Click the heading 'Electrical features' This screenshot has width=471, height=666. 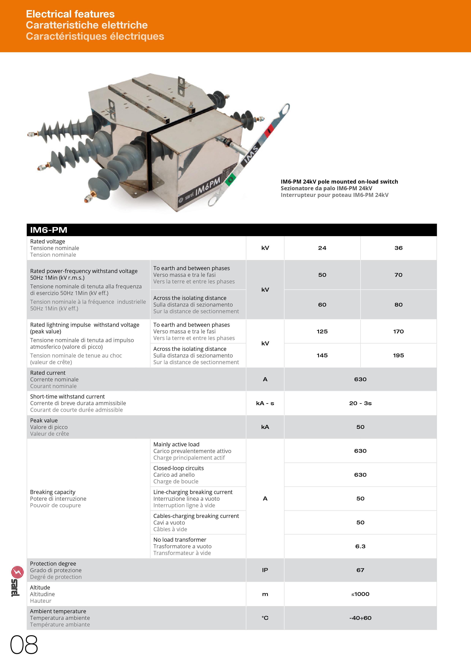70,14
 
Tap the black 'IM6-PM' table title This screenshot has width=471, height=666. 49,230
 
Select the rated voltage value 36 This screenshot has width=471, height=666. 398,248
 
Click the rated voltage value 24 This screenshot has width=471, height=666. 322,248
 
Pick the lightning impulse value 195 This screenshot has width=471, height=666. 398,355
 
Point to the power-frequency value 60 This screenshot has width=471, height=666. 322,305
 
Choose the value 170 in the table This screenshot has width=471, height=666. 398,331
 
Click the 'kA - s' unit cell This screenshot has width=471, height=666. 265,403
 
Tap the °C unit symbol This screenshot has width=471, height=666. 265,618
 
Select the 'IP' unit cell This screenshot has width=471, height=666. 265,570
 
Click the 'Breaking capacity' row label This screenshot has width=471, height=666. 53,492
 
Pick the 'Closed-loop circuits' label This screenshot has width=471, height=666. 178,468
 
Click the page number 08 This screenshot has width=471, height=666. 24,645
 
